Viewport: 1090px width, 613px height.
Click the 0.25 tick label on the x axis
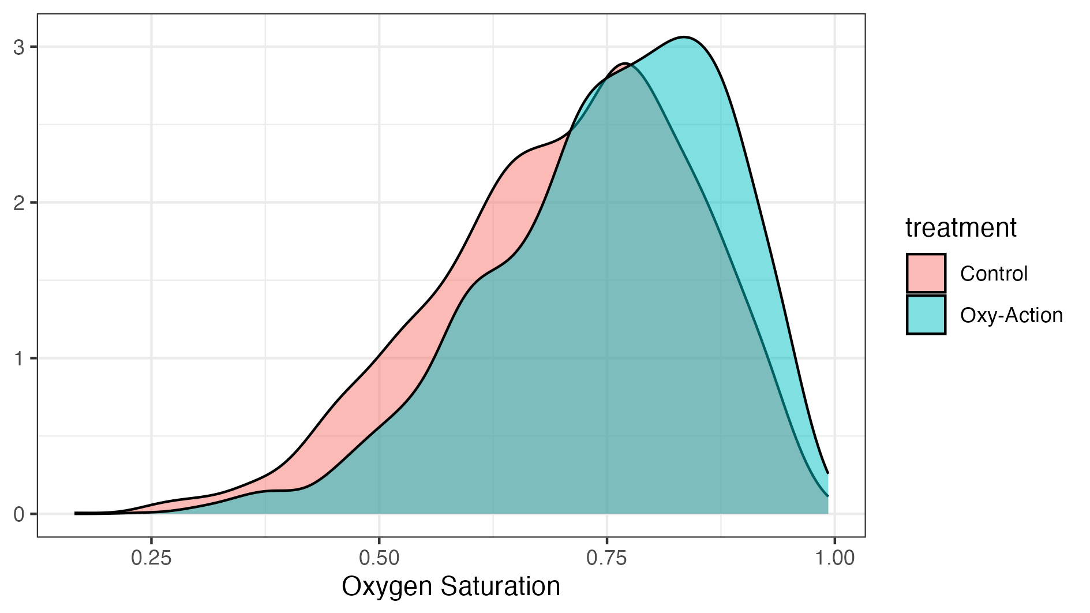pyautogui.click(x=151, y=558)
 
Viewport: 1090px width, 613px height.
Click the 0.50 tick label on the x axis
pyautogui.click(x=379, y=558)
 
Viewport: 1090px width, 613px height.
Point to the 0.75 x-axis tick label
pyautogui.click(x=606, y=558)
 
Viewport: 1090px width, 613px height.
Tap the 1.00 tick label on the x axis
pyautogui.click(x=834, y=558)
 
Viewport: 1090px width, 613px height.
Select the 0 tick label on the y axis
pyautogui.click(x=19, y=514)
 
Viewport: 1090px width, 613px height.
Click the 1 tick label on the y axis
pyautogui.click(x=19, y=358)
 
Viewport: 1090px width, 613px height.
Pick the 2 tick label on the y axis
pyautogui.click(x=19, y=203)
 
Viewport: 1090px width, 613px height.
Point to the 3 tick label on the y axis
pyautogui.click(x=19, y=47)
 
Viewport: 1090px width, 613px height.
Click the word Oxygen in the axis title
pyautogui.click(x=387, y=587)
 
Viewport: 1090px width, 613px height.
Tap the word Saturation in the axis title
pyautogui.click(x=500, y=586)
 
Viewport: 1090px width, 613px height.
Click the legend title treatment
pyautogui.click(x=961, y=227)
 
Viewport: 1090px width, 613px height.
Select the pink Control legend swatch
pyautogui.click(x=926, y=273)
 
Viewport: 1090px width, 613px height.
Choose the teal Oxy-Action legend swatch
pyautogui.click(x=926, y=315)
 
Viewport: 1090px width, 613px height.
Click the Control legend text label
pyautogui.click(x=994, y=273)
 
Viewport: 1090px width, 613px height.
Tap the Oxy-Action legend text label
pyautogui.click(x=1011, y=315)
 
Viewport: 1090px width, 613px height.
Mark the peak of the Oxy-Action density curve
pyautogui.click(x=684, y=37)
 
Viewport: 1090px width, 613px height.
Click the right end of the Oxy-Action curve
pyautogui.click(x=828, y=473)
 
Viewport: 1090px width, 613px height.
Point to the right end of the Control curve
pyautogui.click(x=828, y=496)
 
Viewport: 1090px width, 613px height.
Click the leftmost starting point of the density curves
pyautogui.click(x=76, y=513)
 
